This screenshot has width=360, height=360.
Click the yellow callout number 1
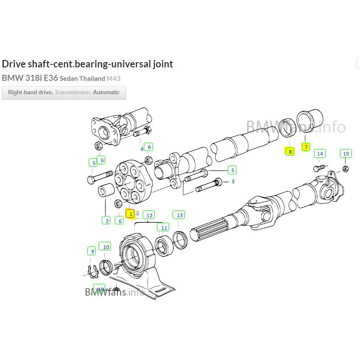click(130, 213)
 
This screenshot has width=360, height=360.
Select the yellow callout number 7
click(306, 147)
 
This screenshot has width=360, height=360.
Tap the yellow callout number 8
click(290, 151)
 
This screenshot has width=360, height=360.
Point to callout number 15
click(346, 153)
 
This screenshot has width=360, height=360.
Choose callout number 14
click(320, 153)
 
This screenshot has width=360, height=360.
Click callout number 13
click(180, 215)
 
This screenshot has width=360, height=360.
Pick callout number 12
click(149, 215)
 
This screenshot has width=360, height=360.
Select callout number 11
click(163, 227)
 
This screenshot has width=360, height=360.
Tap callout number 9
click(92, 251)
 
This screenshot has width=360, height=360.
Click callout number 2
click(107, 221)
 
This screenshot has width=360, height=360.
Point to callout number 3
click(233, 181)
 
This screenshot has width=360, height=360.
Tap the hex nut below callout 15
click(345, 168)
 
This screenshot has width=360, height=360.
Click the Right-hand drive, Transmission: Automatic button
click(64, 93)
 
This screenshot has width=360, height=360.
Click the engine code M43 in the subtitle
click(113, 79)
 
